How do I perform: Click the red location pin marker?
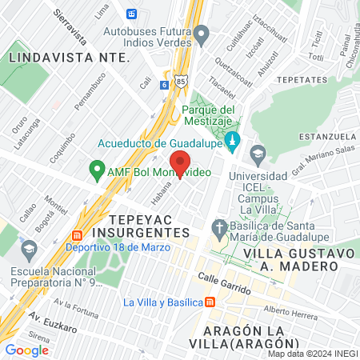point(180,162)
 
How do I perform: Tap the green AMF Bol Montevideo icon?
point(97,170)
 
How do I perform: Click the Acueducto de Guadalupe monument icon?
point(233,142)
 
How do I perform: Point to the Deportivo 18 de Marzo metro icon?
point(77,236)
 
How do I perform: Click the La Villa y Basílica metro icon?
point(210,302)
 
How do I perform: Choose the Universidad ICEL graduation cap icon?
point(258,153)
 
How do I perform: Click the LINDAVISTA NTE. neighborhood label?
point(69,58)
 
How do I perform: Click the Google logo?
point(26,350)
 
